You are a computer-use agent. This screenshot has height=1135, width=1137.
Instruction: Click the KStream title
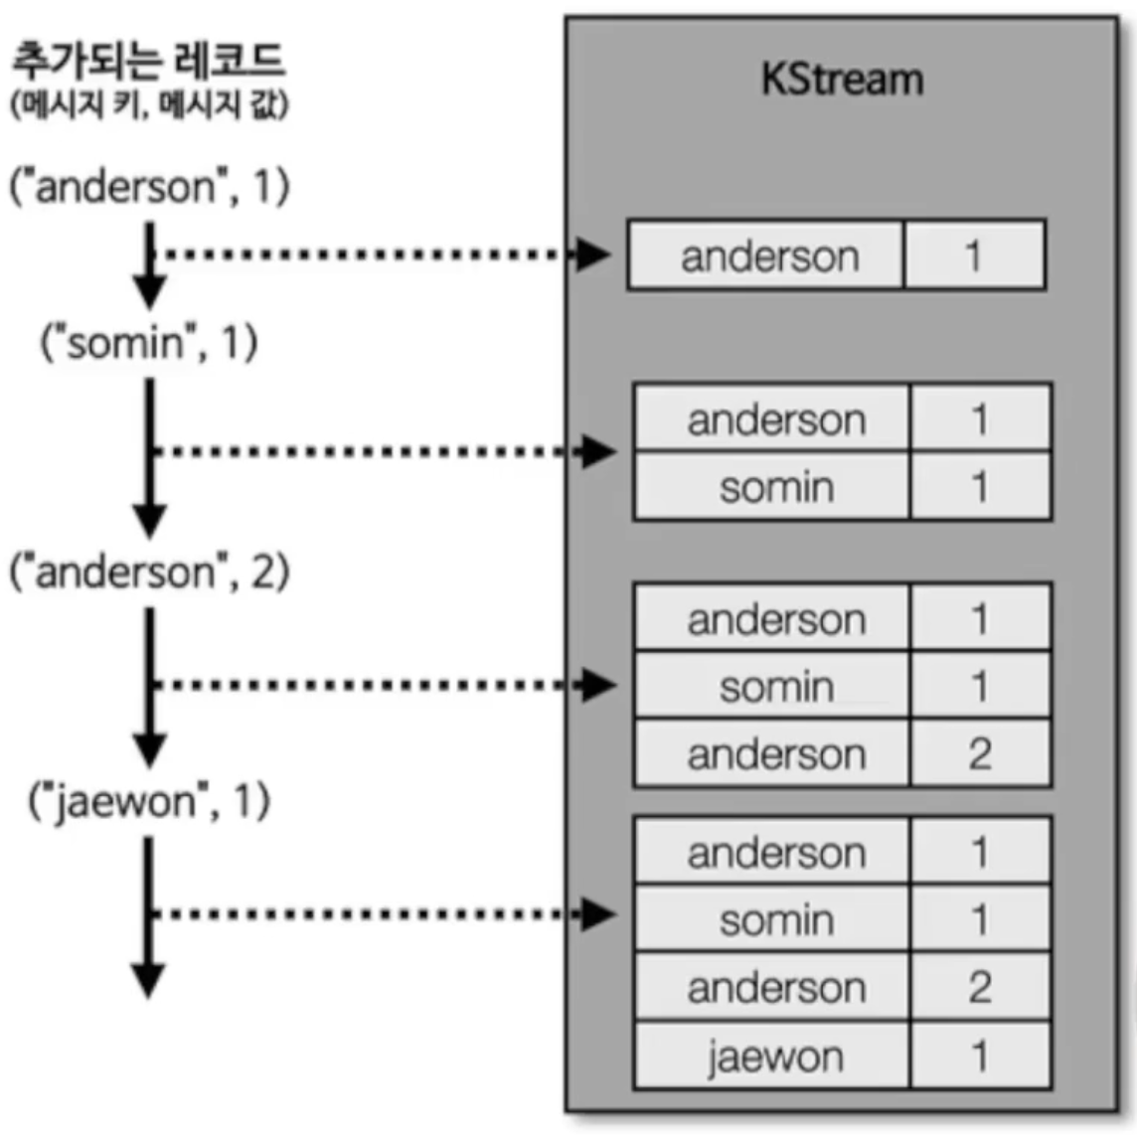842,80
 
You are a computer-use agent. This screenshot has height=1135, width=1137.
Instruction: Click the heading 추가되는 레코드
147,60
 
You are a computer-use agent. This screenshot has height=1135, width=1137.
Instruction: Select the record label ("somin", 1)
149,343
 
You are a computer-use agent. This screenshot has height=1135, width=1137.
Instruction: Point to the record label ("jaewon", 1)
149,801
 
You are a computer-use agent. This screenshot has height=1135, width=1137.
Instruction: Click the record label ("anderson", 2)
149,572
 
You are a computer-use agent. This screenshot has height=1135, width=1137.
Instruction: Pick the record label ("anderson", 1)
149,187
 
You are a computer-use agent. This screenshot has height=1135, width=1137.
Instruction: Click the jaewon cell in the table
774,1055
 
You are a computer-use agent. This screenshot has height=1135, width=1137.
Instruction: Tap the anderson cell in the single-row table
768,256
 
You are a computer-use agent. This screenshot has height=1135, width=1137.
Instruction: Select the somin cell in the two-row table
775,487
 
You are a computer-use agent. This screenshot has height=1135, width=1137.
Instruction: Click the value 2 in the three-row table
979,753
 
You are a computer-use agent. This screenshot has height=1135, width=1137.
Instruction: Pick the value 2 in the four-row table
979,987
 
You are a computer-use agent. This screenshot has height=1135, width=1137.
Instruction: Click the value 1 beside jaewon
979,1055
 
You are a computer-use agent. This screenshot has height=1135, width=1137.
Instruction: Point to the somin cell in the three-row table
775,687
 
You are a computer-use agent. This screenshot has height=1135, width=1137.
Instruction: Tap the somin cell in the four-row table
775,920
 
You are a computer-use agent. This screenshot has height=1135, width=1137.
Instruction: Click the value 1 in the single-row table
973,256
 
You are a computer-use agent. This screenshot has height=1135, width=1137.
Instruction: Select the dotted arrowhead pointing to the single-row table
594,254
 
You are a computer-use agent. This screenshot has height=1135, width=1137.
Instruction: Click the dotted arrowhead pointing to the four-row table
600,914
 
